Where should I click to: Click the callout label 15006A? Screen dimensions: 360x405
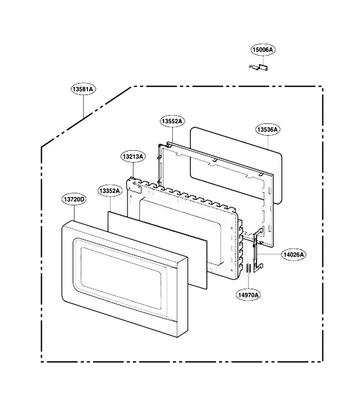263,49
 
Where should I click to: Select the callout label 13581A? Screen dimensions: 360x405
83,89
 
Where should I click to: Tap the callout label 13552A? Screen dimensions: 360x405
172,121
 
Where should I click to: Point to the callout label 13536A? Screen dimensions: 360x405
268,130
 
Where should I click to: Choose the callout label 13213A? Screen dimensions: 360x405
133,157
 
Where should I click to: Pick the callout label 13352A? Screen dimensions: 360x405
110,191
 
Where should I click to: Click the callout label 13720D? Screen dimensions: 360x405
74,199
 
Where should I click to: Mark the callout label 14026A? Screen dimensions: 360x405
294,255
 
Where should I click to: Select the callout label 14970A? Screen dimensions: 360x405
248,295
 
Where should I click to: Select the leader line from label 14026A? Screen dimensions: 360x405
270,254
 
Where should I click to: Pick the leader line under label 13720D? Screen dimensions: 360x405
74,213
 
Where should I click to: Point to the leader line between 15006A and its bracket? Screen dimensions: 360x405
263,60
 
